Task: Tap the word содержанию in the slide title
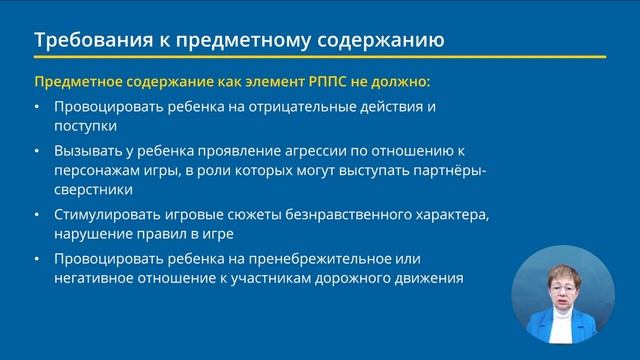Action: point(384,41)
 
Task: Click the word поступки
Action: point(87,127)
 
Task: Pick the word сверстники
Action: point(93,190)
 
